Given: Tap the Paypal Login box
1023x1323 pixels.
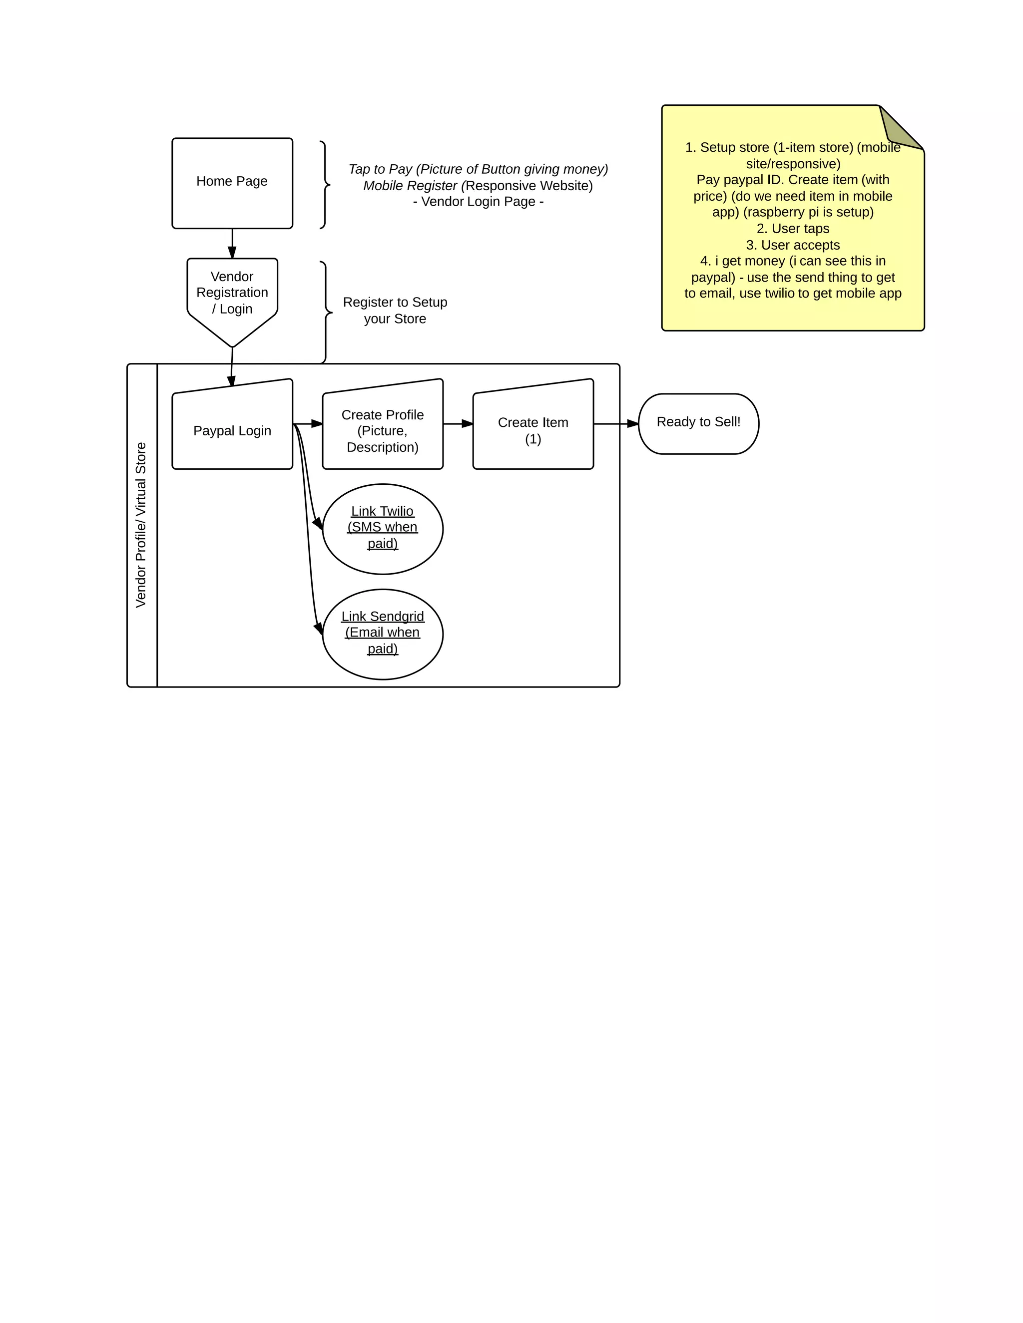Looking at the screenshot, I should (x=232, y=430).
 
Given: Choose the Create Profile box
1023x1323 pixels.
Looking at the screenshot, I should (x=383, y=430).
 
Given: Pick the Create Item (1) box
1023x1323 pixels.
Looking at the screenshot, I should (x=532, y=430).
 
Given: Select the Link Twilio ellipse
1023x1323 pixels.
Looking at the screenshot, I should (x=383, y=529).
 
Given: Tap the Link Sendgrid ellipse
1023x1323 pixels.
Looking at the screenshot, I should (x=383, y=634).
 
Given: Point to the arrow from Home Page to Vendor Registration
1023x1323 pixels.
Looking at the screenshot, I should (x=232, y=244).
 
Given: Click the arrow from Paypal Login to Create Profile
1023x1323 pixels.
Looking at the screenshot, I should (x=308, y=423).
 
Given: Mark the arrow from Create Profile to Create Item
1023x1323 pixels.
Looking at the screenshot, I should (x=458, y=423).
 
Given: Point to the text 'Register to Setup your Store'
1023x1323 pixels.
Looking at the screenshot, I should (x=395, y=310).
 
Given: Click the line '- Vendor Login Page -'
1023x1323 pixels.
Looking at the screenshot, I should (x=478, y=202).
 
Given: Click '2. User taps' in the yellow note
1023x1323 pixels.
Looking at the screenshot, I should (x=793, y=228).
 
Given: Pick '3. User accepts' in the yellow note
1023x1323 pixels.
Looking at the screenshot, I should (x=793, y=245).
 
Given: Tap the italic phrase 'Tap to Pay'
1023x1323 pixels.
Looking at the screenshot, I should (x=380, y=169).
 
